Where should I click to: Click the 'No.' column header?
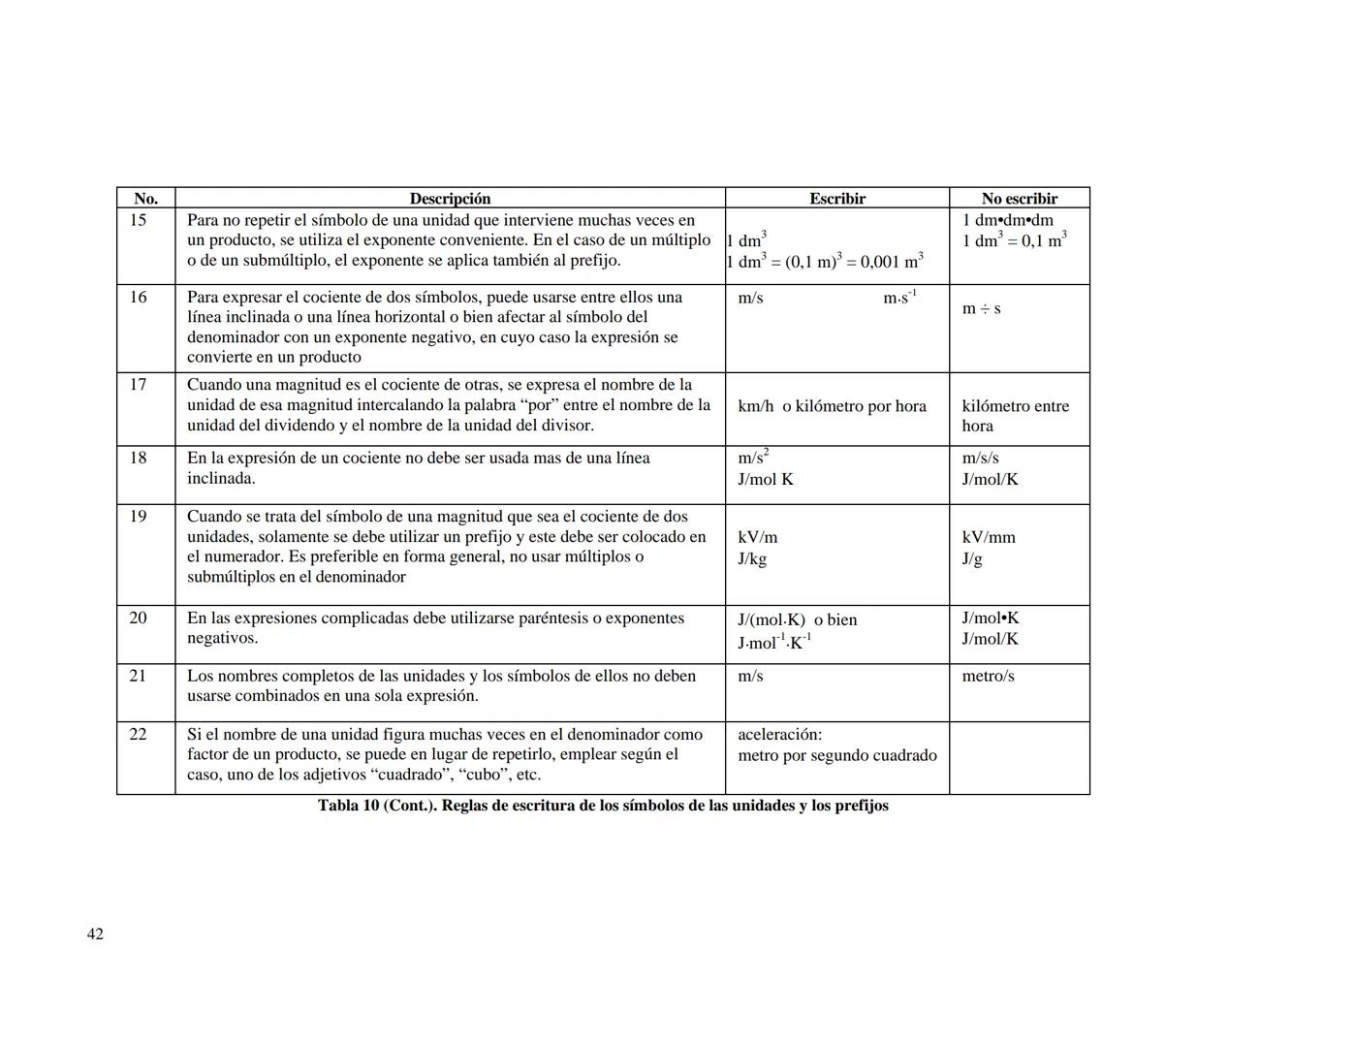click(145, 199)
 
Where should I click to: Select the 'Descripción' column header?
click(450, 199)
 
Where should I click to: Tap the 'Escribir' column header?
click(837, 199)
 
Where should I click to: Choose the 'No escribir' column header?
click(1019, 199)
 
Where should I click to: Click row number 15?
click(139, 220)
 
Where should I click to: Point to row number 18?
click(139, 458)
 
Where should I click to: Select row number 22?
click(139, 734)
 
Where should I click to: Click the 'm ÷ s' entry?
click(981, 308)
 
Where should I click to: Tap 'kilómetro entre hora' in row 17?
click(1015, 416)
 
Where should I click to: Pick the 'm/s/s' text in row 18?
click(980, 458)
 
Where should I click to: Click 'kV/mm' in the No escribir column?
click(989, 537)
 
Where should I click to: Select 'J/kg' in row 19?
click(752, 558)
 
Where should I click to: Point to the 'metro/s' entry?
click(988, 676)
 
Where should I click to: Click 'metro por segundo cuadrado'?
click(837, 755)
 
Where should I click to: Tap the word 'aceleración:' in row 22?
click(780, 734)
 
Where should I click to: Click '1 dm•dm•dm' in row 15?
click(1007, 220)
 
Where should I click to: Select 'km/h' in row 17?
click(756, 406)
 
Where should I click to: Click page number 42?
click(95, 934)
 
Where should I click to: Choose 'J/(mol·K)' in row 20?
click(771, 619)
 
